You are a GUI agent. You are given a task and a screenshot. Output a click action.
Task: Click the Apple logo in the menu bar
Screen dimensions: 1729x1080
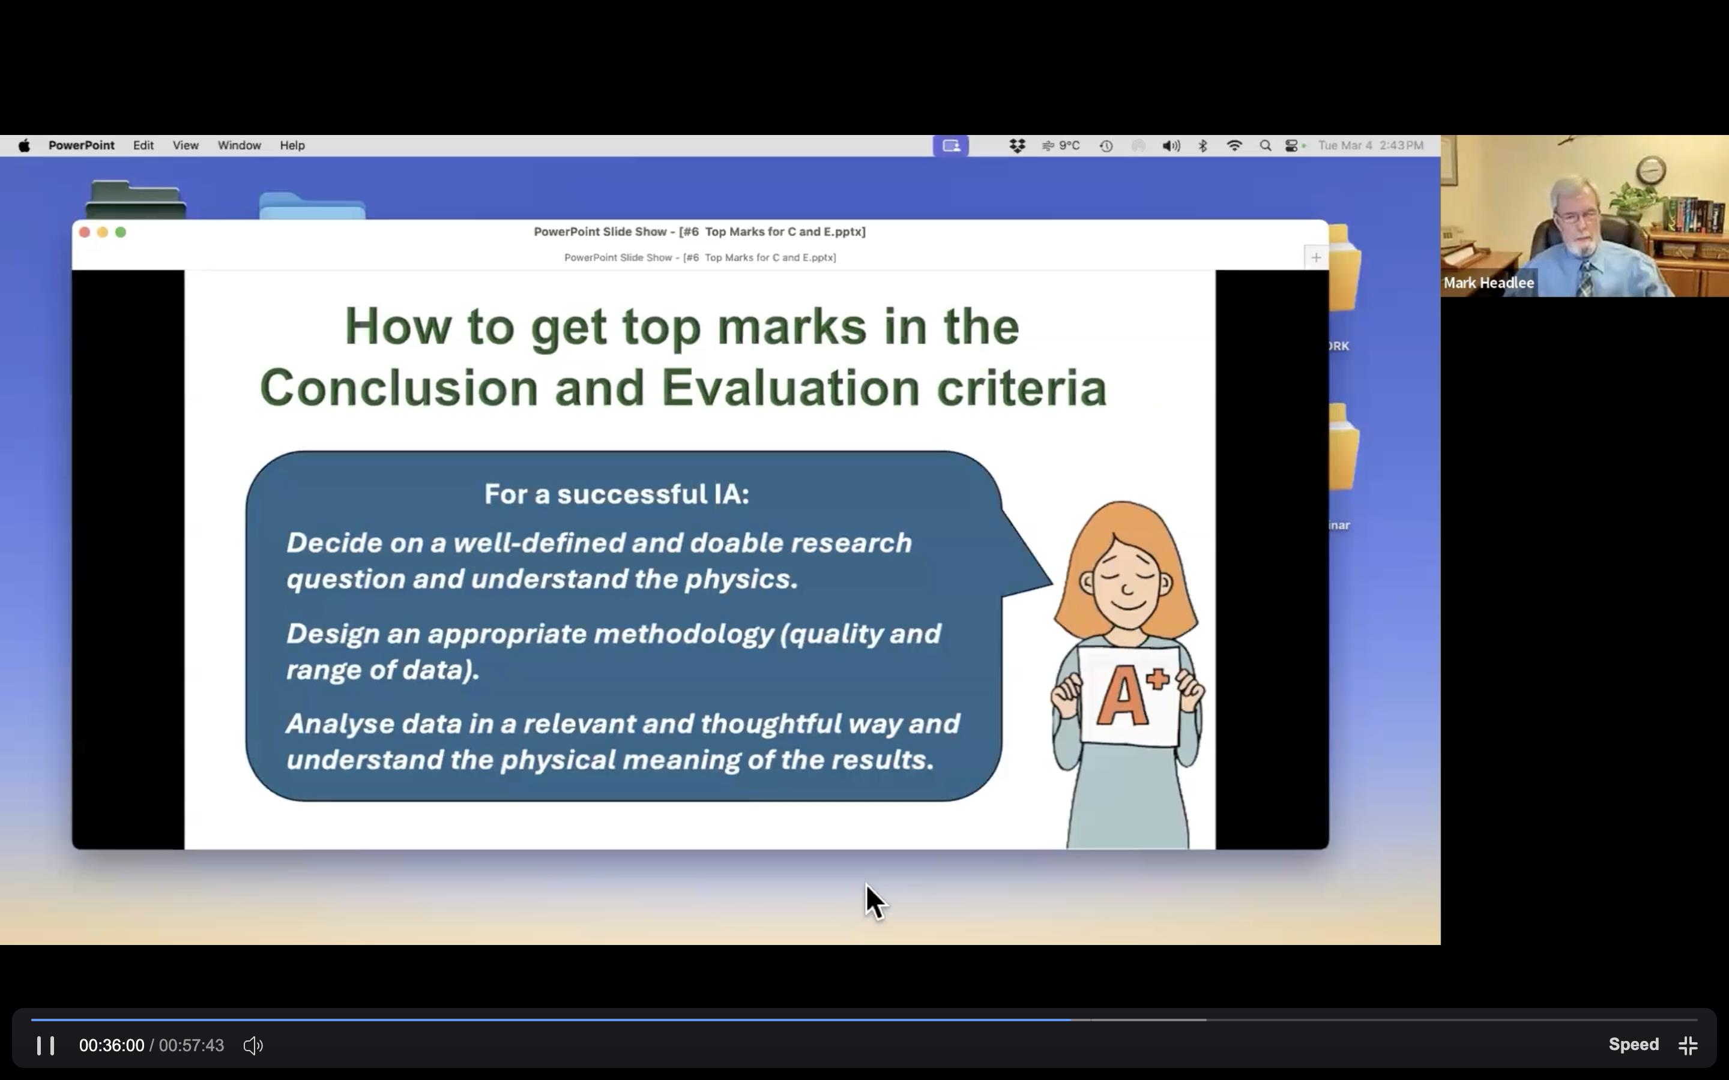click(24, 146)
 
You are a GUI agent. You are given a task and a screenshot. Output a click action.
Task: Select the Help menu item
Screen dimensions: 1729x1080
click(292, 146)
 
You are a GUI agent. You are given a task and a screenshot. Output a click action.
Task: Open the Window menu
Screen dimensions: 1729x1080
click(240, 146)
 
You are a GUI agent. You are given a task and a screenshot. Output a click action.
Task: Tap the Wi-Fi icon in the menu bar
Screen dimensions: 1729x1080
click(1234, 146)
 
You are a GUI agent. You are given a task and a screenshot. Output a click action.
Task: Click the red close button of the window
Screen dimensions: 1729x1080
click(84, 232)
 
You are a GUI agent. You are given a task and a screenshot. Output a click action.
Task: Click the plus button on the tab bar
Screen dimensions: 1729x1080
click(1316, 257)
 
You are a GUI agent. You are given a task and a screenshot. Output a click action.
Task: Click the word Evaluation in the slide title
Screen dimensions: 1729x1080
click(790, 388)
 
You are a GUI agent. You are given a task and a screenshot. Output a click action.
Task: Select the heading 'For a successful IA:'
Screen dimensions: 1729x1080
click(617, 494)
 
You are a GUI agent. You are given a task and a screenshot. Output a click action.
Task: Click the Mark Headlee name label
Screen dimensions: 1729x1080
click(1488, 283)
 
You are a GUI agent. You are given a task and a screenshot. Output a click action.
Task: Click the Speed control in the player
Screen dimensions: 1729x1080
click(1634, 1044)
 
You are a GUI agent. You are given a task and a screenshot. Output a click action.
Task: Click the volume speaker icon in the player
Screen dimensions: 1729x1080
click(253, 1046)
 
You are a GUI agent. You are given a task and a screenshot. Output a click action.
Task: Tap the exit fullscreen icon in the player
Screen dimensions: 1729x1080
click(1688, 1046)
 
